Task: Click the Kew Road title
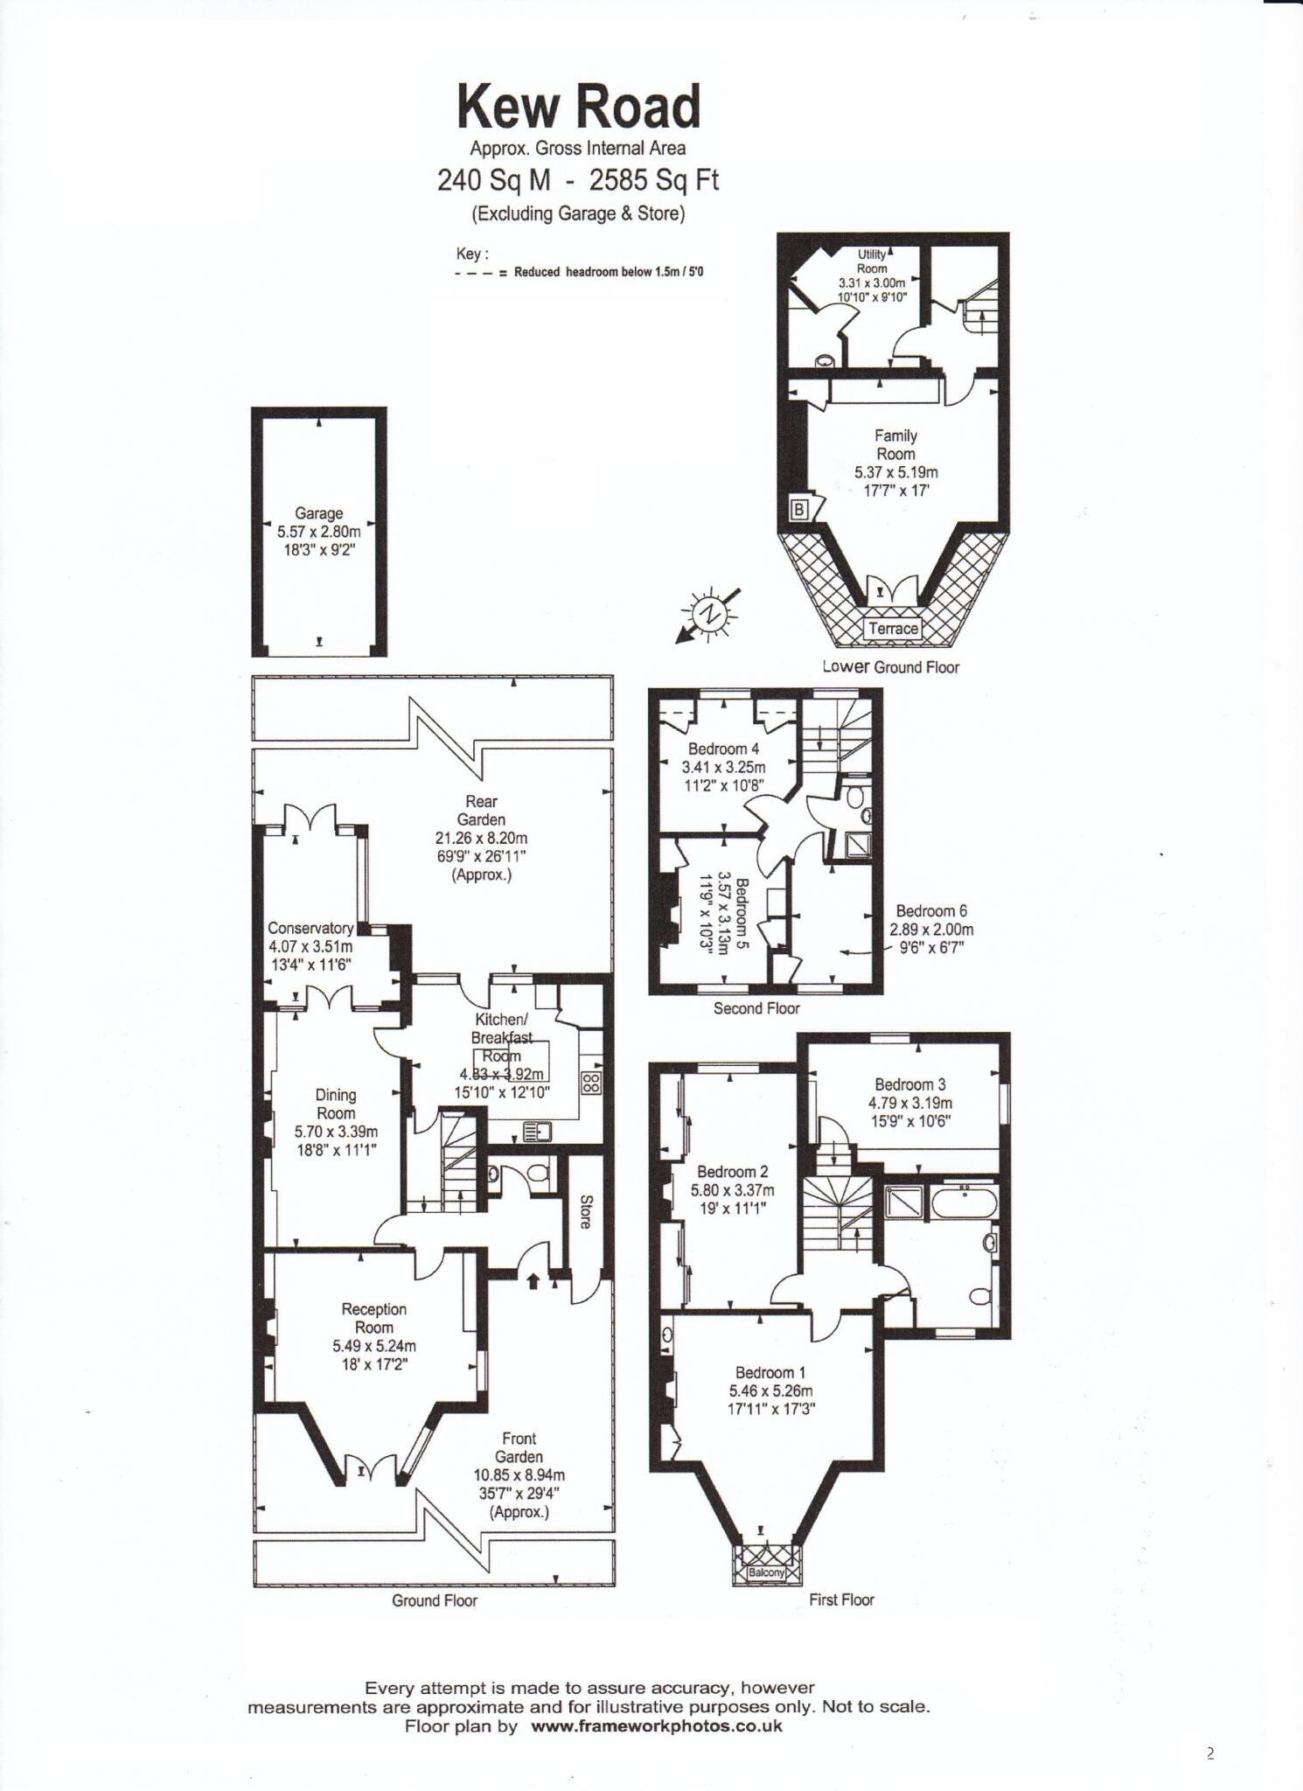[578, 107]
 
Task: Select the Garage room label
[318, 513]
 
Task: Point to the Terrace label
[893, 628]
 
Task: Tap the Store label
[585, 1212]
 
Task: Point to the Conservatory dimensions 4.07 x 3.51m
[310, 947]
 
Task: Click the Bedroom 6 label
[930, 911]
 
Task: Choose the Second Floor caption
[756, 1008]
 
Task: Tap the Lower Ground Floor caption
[890, 667]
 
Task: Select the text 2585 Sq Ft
[654, 180]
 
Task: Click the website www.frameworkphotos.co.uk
[656, 1726]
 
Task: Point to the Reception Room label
[373, 1318]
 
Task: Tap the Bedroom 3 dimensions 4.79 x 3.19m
[909, 1104]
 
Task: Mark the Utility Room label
[871, 261]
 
